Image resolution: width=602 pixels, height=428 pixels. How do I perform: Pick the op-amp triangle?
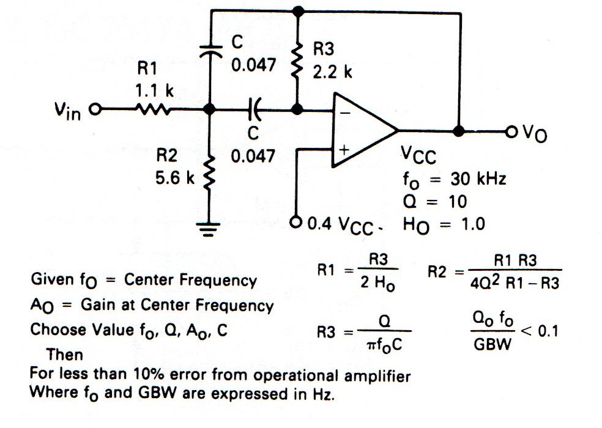(363, 130)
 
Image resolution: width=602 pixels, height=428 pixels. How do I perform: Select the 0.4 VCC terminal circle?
(297, 221)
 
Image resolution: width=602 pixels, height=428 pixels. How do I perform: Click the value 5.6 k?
(174, 179)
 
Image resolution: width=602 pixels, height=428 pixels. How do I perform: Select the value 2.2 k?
(332, 72)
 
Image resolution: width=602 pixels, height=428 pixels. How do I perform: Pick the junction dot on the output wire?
(458, 131)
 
